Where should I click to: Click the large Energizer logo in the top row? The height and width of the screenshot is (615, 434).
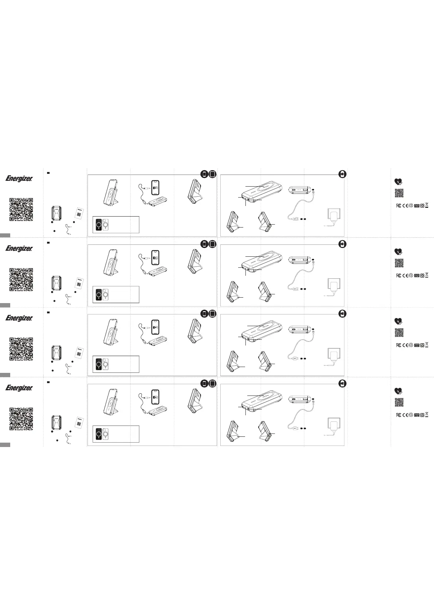(x=19, y=179)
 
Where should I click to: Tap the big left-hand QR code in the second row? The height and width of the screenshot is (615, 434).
(x=21, y=279)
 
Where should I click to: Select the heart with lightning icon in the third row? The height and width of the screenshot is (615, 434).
(x=398, y=321)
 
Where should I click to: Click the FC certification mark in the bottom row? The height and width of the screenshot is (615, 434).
(x=399, y=415)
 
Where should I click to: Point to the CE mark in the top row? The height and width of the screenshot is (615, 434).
(x=405, y=205)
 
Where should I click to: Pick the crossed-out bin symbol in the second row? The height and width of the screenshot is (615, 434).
(x=427, y=275)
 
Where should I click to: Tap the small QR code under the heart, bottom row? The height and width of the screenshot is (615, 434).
(x=399, y=402)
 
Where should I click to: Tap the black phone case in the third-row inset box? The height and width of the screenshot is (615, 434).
(x=98, y=364)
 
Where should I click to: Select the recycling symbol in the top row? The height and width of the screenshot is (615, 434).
(x=411, y=205)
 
